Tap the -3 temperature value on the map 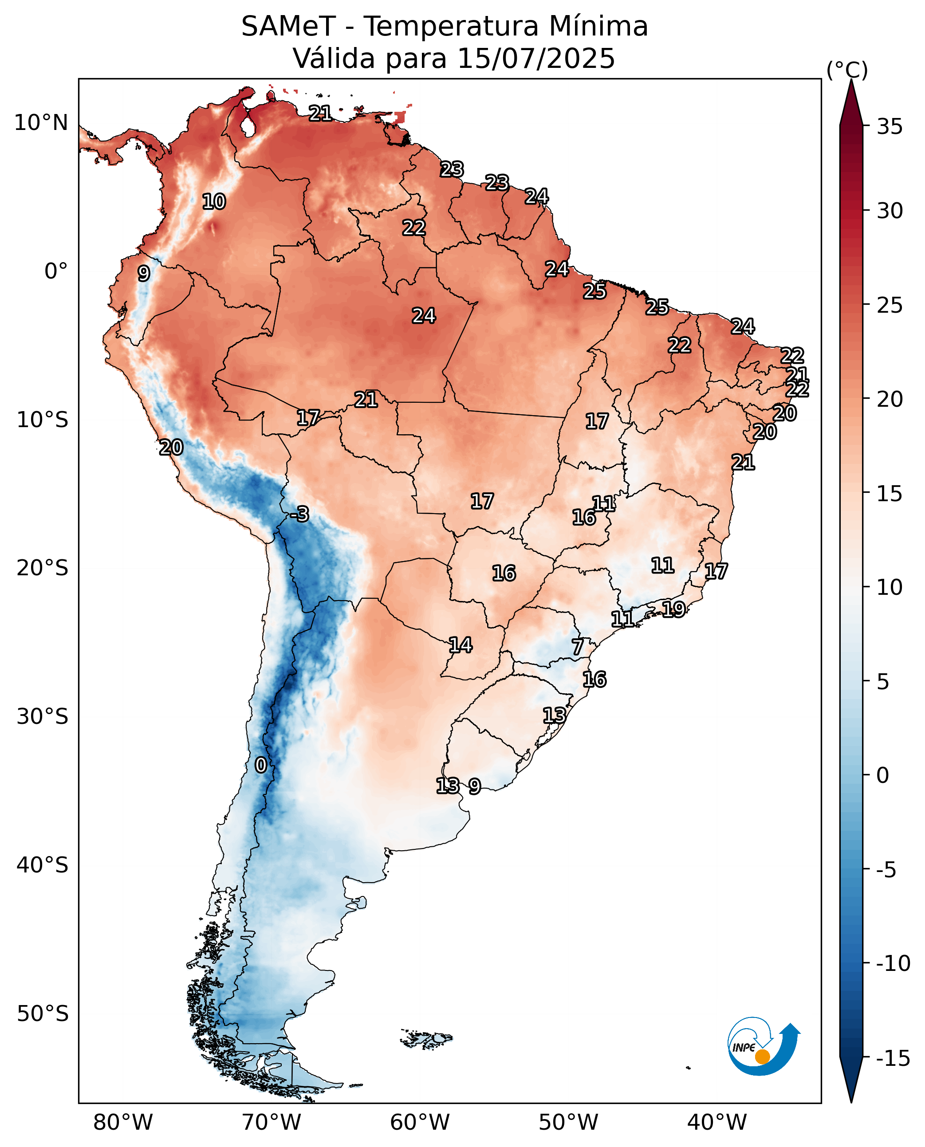[299, 514]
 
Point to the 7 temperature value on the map [578, 647]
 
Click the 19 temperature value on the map [673, 609]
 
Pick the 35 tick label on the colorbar [890, 127]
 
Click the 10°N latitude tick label [41, 122]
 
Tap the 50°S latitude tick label [43, 1014]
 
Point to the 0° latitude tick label [56, 271]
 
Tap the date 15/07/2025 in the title [536, 58]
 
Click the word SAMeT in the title [288, 26]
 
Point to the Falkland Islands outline [426, 1039]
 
